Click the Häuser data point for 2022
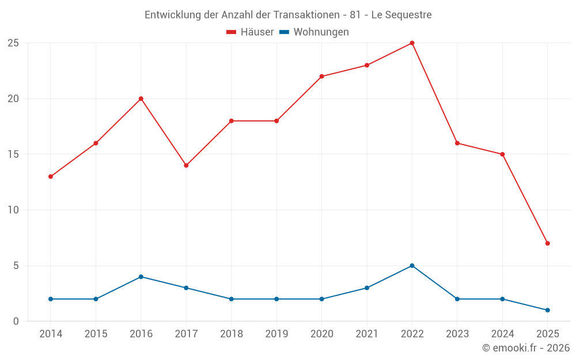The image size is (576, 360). (412, 43)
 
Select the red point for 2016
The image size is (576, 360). (141, 98)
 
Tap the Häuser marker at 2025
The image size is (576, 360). (547, 243)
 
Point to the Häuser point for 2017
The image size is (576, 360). (186, 165)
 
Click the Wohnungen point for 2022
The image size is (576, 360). (412, 266)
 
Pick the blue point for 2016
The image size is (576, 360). (141, 276)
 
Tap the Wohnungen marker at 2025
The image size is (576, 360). (547, 310)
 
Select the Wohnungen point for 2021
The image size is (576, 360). (367, 288)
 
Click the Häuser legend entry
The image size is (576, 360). (250, 32)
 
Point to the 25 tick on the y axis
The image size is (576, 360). (13, 43)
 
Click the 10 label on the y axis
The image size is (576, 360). (13, 210)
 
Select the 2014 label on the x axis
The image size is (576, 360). (51, 334)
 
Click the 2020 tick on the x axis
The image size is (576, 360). (321, 334)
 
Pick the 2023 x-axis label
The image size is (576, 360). (457, 334)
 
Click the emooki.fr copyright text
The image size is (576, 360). (526, 348)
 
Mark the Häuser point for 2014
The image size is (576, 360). (51, 177)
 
